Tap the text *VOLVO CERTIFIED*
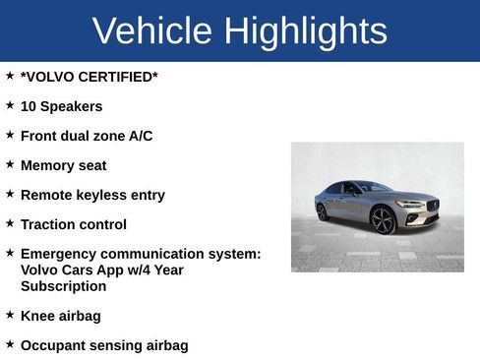[x=89, y=77]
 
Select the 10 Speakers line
[x=61, y=106]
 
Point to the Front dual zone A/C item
[x=87, y=136]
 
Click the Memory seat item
[x=63, y=165]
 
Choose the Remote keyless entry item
[x=92, y=195]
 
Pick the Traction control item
[x=73, y=224]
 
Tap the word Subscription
[x=63, y=286]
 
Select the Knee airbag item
[x=60, y=316]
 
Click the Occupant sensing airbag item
[x=104, y=345]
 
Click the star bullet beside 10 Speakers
[x=10, y=104]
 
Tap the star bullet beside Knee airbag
[x=10, y=314]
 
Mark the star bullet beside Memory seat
[x=10, y=163]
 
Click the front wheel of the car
[x=383, y=220]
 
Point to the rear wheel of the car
[x=322, y=211]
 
